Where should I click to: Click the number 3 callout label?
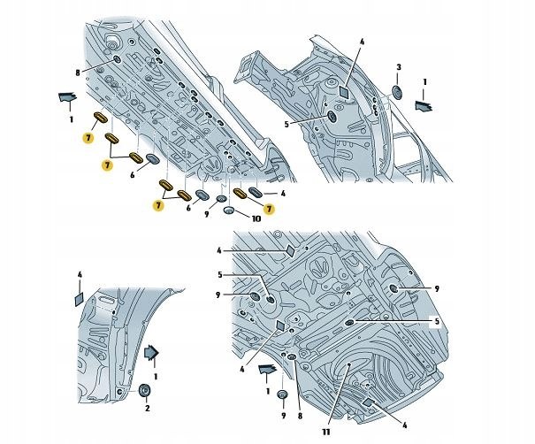coord(399,67)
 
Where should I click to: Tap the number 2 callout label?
coord(147,408)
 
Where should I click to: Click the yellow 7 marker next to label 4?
coord(269,208)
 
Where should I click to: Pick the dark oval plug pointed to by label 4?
coord(256,193)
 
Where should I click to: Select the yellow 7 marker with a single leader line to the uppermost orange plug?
coord(88,137)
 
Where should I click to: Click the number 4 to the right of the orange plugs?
coord(281,193)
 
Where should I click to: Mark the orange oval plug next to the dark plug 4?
coord(241,194)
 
